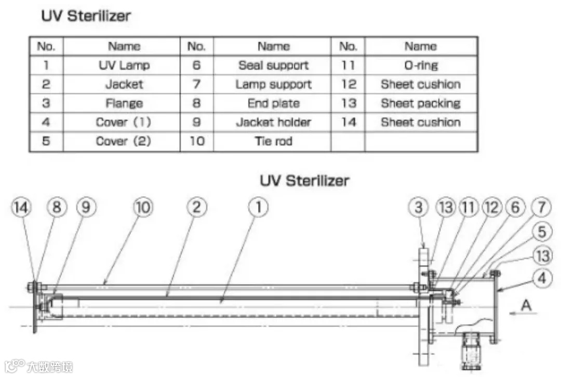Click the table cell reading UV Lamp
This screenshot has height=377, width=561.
[x=124, y=65]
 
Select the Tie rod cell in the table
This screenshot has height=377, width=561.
[x=273, y=141]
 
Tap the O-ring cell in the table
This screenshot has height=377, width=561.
[x=420, y=65]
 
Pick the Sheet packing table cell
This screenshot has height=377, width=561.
[x=420, y=103]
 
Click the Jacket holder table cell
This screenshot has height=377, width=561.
[x=273, y=123]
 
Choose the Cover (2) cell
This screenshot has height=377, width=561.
[x=124, y=141]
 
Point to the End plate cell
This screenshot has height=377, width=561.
[x=273, y=103]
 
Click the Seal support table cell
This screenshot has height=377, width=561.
[x=273, y=65]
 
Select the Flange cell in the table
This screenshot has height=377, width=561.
[x=124, y=103]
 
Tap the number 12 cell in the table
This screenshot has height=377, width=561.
[x=349, y=84]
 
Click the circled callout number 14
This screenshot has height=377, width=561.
[x=21, y=208]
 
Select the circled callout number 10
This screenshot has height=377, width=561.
[x=143, y=208]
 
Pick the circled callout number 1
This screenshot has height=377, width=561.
[x=258, y=208]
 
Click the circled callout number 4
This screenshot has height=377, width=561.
[x=542, y=278]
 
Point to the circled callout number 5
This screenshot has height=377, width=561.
[x=542, y=232]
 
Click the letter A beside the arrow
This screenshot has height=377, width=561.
[x=526, y=306]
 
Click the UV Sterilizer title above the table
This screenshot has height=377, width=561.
[x=86, y=16]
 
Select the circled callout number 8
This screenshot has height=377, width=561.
[x=57, y=208]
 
